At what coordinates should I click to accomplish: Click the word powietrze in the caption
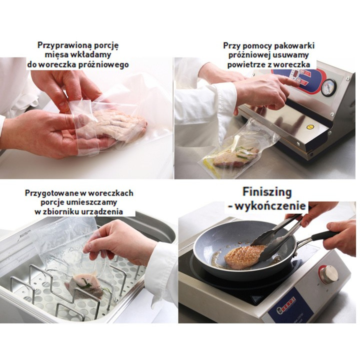click(248, 64)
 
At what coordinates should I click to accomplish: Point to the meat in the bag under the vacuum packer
click(234, 157)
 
